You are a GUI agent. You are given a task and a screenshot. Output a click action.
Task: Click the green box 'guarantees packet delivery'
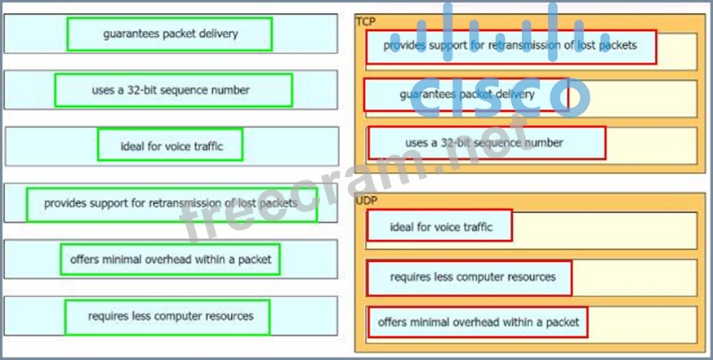170,33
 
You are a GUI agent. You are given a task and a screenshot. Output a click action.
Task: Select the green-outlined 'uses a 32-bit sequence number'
173,90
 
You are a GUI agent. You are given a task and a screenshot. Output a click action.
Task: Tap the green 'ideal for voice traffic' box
170,146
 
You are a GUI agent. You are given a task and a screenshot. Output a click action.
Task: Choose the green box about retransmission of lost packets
172,203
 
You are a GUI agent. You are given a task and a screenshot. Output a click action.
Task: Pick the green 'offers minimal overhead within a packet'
170,260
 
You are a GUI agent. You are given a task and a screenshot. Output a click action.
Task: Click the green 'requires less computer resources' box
167,316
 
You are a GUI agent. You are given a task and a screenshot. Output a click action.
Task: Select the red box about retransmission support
511,47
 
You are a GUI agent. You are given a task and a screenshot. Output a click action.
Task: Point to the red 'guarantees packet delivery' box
466,95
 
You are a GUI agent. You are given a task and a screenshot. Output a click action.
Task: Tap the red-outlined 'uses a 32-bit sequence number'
487,143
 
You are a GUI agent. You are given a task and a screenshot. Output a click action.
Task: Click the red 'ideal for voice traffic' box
439,226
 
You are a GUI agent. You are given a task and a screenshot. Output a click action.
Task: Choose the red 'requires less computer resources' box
469,278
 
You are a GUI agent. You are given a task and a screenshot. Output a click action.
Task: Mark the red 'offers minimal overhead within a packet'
477,322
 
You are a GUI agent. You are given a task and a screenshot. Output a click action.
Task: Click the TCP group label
366,22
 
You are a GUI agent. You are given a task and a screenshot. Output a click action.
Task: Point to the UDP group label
367,200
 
